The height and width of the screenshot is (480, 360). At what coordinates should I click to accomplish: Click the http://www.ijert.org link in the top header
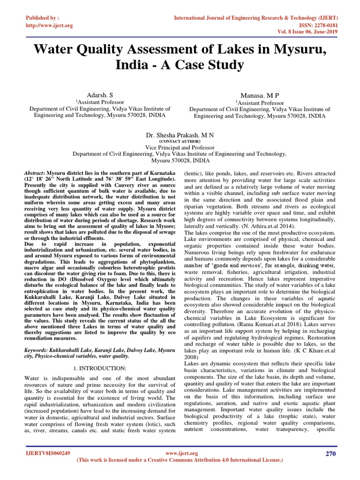[x=48, y=25]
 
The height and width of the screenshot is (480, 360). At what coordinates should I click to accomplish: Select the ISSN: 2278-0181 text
[x=314, y=25]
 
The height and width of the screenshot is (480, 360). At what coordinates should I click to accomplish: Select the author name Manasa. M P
[x=259, y=95]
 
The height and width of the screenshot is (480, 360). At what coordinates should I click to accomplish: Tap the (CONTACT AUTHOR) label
[x=180, y=141]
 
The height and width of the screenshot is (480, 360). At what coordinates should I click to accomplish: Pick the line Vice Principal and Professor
[x=180, y=147]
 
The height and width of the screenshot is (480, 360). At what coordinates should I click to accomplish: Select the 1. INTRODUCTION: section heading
[x=99, y=368]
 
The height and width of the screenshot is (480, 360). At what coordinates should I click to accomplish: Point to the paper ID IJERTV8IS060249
[x=48, y=454]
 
